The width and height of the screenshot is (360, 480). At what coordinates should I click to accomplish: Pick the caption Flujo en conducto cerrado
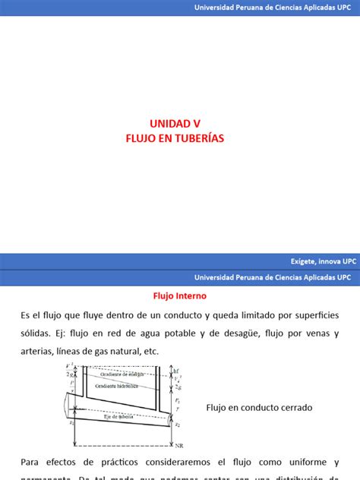[259, 408]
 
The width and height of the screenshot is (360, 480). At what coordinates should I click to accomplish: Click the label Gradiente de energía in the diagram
[125, 374]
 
